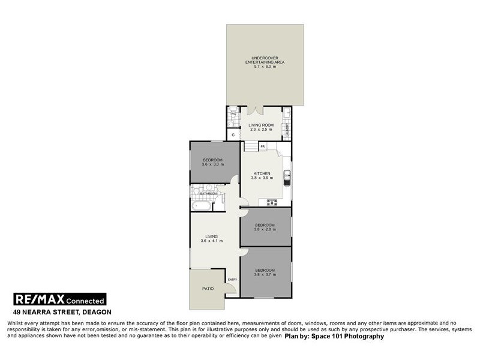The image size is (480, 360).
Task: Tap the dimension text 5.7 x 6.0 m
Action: click(x=265, y=66)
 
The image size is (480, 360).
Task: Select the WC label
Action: click(x=233, y=114)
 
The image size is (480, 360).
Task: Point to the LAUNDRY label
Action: click(x=288, y=131)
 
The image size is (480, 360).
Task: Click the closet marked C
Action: click(x=233, y=136)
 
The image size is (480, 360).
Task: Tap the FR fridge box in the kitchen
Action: click(x=263, y=146)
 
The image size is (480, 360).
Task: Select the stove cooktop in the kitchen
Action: click(x=272, y=202)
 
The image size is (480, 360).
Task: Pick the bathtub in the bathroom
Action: click(x=201, y=206)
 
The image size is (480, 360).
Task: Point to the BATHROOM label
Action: click(x=208, y=194)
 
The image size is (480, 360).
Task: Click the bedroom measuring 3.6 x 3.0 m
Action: click(x=213, y=162)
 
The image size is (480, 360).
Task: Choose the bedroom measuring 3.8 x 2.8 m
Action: click(x=265, y=227)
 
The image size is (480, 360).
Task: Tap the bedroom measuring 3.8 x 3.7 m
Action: click(x=265, y=272)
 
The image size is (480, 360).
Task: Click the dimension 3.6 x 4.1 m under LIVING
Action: click(x=212, y=241)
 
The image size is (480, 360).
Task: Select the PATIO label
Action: click(x=207, y=289)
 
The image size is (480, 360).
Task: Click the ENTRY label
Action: click(x=233, y=280)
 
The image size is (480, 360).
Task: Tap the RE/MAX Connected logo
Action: click(x=59, y=300)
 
